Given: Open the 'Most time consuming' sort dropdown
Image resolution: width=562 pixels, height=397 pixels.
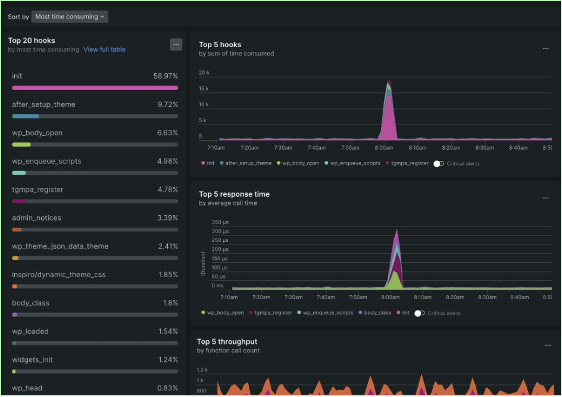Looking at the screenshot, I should (x=70, y=17).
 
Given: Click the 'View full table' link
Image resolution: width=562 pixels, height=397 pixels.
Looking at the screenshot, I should (x=104, y=49).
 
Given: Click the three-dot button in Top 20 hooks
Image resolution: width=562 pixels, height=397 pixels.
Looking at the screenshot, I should (x=176, y=44).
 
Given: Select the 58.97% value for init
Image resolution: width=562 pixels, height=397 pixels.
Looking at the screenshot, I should (x=165, y=76).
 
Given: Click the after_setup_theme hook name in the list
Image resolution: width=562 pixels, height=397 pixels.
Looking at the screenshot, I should (x=43, y=104).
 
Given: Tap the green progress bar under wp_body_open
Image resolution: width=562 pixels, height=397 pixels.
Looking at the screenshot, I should (x=21, y=144).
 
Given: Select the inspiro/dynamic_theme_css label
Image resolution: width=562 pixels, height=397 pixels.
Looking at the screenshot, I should (x=58, y=275).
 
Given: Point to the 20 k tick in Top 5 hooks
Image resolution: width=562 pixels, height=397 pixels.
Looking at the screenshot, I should (x=204, y=73).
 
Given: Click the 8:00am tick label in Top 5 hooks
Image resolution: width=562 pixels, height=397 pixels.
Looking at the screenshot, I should (x=384, y=148).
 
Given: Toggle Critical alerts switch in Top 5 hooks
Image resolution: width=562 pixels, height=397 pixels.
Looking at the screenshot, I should (x=439, y=163).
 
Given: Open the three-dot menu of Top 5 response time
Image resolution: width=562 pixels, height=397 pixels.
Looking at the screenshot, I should (x=545, y=198).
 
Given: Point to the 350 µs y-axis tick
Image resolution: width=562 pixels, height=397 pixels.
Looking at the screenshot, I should (x=220, y=222).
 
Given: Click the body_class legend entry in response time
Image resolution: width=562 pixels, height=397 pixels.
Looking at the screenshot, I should (x=377, y=313).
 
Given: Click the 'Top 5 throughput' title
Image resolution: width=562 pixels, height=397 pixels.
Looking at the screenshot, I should (x=227, y=342).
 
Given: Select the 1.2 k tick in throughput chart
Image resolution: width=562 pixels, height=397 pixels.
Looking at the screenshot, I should (x=202, y=370).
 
